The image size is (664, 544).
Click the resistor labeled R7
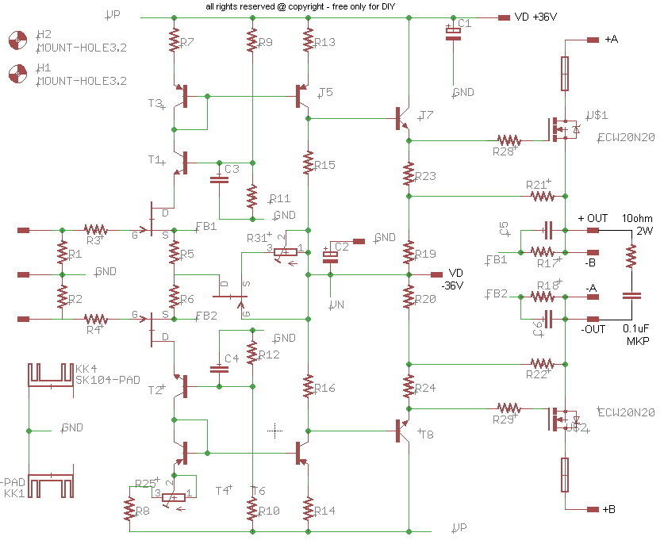click(x=174, y=41)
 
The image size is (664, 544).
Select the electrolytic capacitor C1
click(x=452, y=33)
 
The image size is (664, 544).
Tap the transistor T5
click(x=304, y=96)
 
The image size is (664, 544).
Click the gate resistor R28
click(x=508, y=140)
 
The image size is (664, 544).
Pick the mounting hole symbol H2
click(x=17, y=40)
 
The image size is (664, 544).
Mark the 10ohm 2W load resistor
click(x=631, y=255)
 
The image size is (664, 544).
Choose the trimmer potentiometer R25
click(x=174, y=496)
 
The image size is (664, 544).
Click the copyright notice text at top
click(x=300, y=6)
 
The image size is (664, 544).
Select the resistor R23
click(x=409, y=173)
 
